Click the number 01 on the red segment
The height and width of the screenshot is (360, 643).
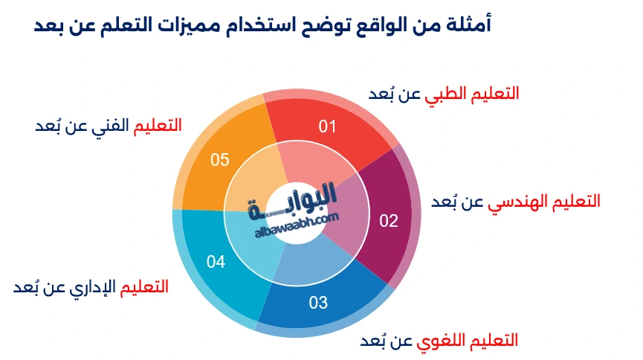(x=327, y=126)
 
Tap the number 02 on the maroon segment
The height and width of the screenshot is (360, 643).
(x=389, y=221)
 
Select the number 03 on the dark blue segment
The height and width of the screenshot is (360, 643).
(x=318, y=303)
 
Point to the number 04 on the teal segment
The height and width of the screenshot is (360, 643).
(x=216, y=262)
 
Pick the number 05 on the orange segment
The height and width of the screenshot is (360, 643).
(x=220, y=160)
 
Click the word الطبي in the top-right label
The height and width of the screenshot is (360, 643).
(x=445, y=94)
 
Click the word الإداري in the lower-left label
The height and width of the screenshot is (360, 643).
(x=93, y=287)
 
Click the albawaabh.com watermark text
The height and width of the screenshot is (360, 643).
(x=297, y=225)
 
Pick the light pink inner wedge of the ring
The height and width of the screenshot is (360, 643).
(x=315, y=164)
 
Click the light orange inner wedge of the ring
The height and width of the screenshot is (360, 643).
(x=255, y=181)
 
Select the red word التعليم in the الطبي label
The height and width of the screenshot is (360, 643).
(x=494, y=94)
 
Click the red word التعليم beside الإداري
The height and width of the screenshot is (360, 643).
(x=144, y=286)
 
